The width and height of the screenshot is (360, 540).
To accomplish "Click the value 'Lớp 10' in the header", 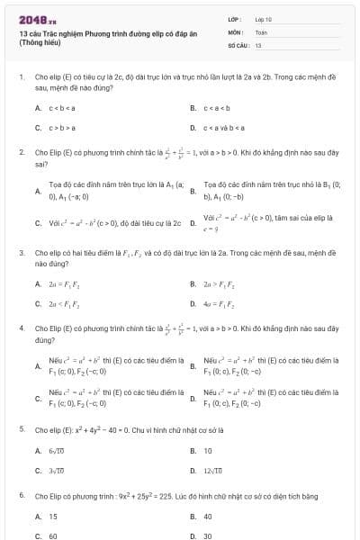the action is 263,18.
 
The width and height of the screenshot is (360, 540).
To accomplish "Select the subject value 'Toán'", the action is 261,31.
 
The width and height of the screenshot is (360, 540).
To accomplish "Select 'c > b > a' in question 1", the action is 61,129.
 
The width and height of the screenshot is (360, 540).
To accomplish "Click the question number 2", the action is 21,153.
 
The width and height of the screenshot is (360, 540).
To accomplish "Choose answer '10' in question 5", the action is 208,450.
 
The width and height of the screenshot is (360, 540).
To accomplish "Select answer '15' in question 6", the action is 53,517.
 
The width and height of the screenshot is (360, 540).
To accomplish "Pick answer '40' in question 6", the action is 208,517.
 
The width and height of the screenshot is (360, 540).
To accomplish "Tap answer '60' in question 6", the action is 53,535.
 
